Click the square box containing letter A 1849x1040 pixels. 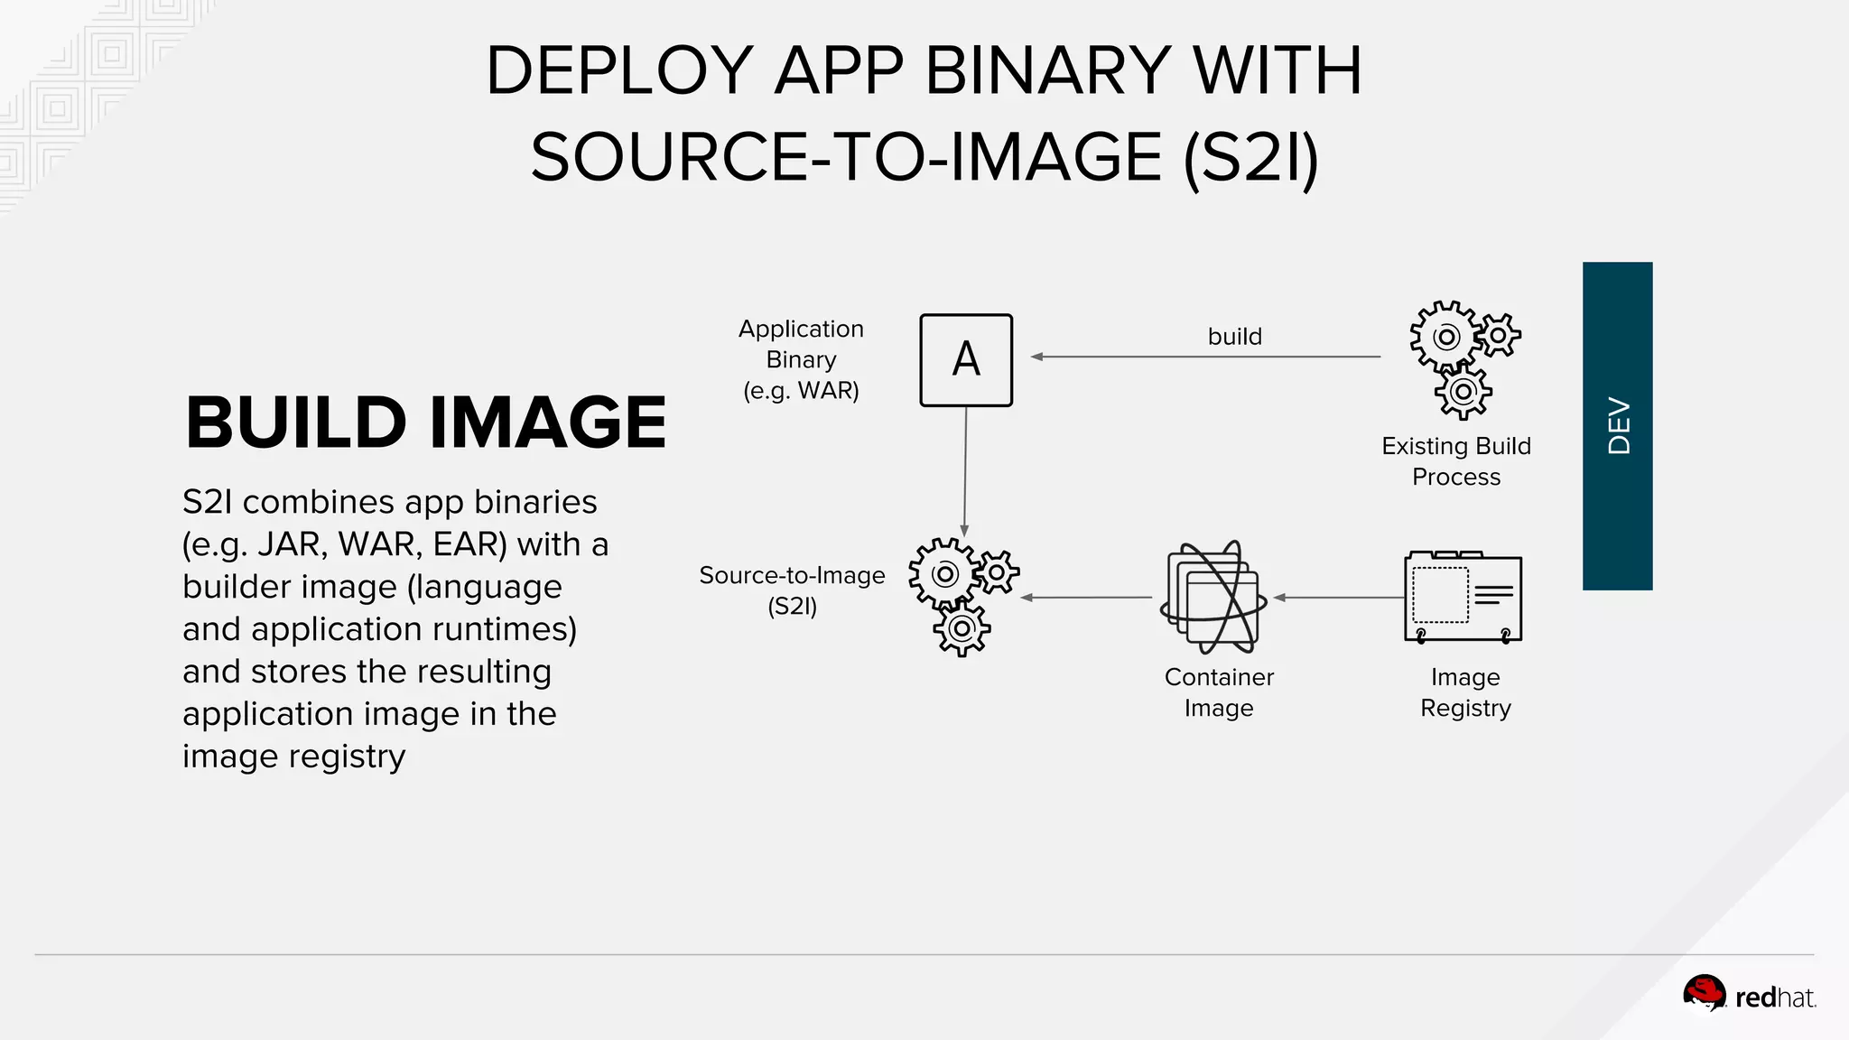(965, 360)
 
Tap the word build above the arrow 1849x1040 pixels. (1234, 337)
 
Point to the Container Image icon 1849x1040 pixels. (1213, 597)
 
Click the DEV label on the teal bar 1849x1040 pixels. (1618, 426)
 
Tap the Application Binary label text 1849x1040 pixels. (801, 359)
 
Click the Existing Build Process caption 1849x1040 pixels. (1455, 461)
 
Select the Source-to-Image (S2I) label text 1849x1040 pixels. (792, 590)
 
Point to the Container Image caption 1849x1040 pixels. (1219, 692)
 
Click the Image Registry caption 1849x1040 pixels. (1464, 692)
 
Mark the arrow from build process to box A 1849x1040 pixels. (1205, 357)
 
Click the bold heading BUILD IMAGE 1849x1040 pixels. (425, 422)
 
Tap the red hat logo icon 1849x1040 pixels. (1704, 995)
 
